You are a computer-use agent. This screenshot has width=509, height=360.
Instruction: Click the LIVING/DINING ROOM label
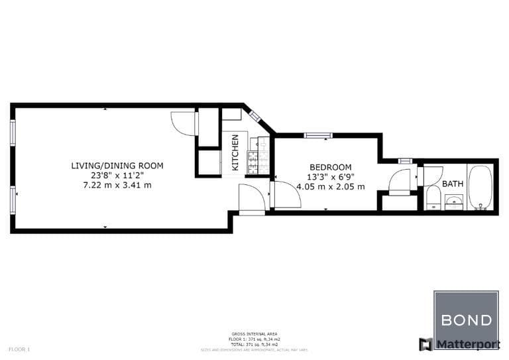(117, 166)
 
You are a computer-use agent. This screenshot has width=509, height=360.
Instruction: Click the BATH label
(453, 184)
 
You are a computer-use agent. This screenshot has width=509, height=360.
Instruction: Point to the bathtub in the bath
(480, 187)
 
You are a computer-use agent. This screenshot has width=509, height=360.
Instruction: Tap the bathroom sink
(454, 202)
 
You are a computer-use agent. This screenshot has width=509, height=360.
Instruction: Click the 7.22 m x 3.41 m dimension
(117, 185)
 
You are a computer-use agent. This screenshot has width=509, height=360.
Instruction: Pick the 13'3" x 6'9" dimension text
(331, 177)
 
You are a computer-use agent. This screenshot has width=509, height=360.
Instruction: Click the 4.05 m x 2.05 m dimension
(331, 187)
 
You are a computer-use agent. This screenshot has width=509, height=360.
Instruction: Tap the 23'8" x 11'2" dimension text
(117, 176)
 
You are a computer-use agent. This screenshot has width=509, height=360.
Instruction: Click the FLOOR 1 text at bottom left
(19, 349)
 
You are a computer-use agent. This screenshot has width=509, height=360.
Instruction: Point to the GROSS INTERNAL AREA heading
(254, 334)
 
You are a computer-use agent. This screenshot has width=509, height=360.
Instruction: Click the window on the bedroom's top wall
(318, 136)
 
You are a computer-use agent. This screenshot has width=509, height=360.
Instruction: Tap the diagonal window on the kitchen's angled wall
(255, 117)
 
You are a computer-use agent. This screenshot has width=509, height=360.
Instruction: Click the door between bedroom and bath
(400, 182)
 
